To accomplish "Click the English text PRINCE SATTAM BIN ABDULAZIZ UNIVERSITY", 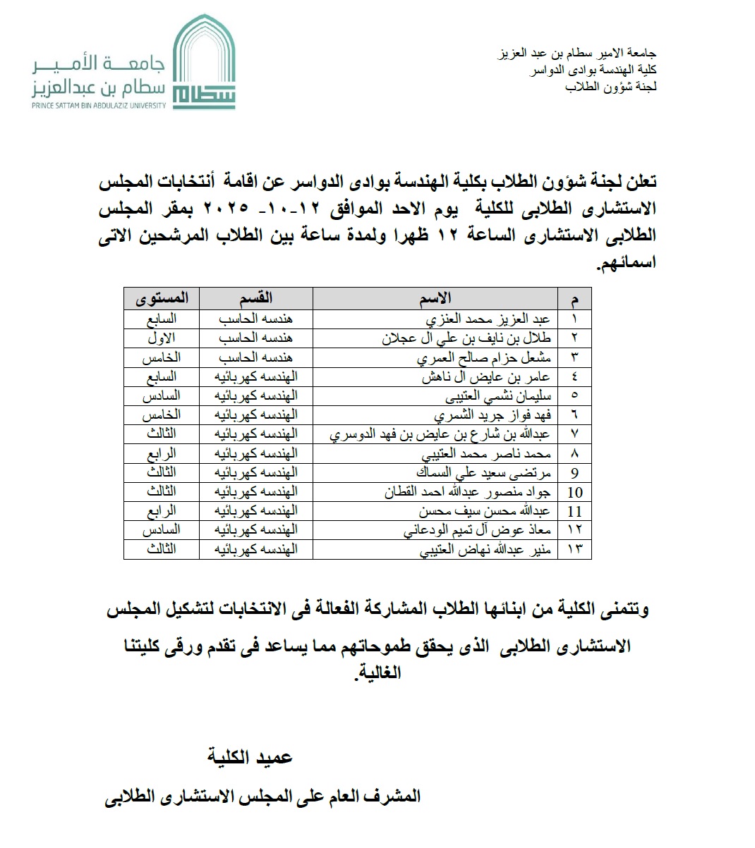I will (99, 106).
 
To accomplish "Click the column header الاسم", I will (435, 298).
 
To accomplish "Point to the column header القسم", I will (255, 298).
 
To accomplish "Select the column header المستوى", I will (162, 298).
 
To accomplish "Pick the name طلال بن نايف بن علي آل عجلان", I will (466, 338).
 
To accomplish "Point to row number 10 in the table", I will (574, 492).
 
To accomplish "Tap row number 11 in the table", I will (574, 511).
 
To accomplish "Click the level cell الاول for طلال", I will (162, 338).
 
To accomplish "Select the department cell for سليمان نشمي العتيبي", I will (255, 395).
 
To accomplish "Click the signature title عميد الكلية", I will (250, 757).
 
